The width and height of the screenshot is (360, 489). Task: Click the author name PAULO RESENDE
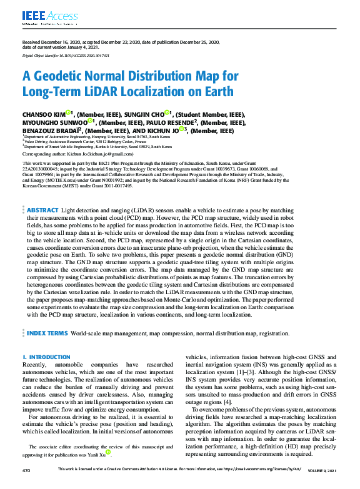(x=168, y=122)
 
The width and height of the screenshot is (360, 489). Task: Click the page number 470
(x=26, y=470)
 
